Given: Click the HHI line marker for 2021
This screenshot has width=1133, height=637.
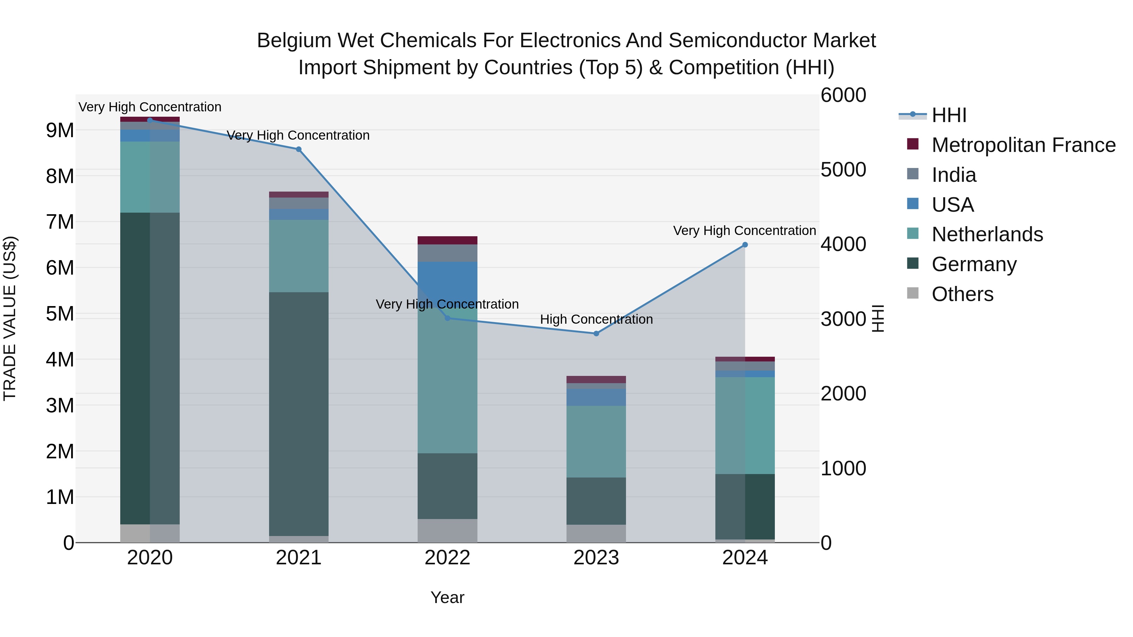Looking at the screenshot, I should pyautogui.click(x=299, y=149).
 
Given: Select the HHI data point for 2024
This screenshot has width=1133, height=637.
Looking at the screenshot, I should pyautogui.click(x=745, y=245).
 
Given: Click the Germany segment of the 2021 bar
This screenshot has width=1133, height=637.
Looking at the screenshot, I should pyautogui.click(x=299, y=413).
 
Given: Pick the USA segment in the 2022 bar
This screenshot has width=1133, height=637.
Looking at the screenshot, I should pyautogui.click(x=447, y=281).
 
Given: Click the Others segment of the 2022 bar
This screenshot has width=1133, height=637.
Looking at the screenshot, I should pyautogui.click(x=447, y=531).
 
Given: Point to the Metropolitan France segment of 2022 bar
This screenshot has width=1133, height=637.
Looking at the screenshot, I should pyautogui.click(x=447, y=240).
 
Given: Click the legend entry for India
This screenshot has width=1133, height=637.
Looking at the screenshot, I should pyautogui.click(x=954, y=175).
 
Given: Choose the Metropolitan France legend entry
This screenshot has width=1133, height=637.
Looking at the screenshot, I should pyautogui.click(x=1023, y=145).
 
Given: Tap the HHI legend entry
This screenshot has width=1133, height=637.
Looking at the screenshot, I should pyautogui.click(x=949, y=115).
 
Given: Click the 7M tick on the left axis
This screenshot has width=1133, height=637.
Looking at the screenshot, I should pyautogui.click(x=60, y=222).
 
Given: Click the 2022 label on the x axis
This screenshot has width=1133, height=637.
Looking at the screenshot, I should pyautogui.click(x=447, y=558).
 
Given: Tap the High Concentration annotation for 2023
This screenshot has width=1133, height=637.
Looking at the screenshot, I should pyautogui.click(x=596, y=319).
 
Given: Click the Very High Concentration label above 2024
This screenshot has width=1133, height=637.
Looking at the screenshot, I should pyautogui.click(x=744, y=230).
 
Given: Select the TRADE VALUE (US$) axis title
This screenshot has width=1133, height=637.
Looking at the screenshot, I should pyautogui.click(x=10, y=318).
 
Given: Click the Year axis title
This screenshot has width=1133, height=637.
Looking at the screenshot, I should pyautogui.click(x=447, y=597).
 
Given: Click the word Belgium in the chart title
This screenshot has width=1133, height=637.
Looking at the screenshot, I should pyautogui.click(x=294, y=41).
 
